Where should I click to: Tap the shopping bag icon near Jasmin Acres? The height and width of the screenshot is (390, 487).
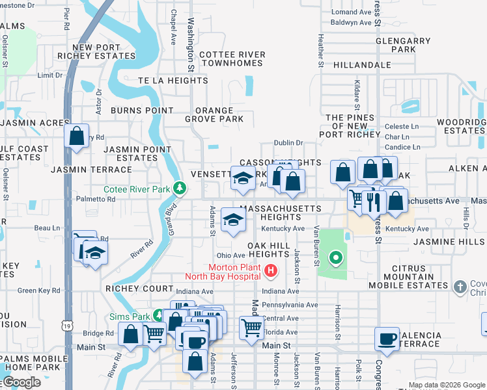point(77,136)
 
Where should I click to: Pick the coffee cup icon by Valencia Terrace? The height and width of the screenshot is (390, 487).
point(387,339)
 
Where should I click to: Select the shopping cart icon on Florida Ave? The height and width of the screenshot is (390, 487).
point(251,328)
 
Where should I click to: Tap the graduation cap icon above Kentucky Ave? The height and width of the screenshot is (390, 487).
point(233,219)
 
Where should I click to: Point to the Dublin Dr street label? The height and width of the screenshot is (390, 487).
point(288,143)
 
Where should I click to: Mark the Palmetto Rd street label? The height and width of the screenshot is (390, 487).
point(95,199)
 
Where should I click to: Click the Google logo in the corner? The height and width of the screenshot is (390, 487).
point(21,382)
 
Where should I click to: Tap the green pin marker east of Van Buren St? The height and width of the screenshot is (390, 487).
point(335,258)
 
